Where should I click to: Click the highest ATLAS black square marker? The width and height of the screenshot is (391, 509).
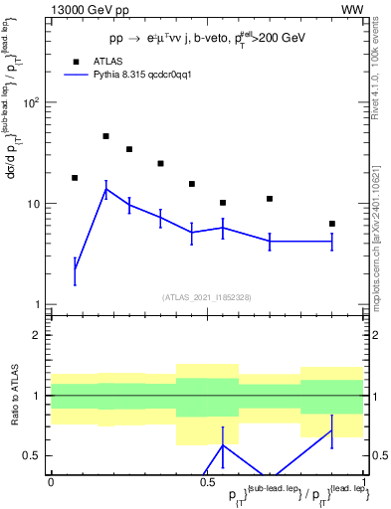(x=105, y=136)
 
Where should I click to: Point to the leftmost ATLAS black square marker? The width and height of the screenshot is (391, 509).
(x=75, y=178)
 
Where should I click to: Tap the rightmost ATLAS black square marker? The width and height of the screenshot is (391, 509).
(x=331, y=224)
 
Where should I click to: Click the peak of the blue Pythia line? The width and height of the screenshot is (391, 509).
(x=105, y=189)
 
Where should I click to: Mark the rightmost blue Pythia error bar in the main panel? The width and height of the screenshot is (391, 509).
(x=331, y=242)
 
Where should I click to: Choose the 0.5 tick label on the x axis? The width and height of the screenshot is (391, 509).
(x=207, y=481)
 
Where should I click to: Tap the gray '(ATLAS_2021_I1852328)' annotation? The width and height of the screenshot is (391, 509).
(x=207, y=297)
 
